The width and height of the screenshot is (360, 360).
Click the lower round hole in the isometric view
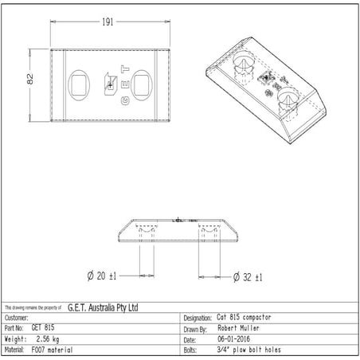click(x=288, y=99)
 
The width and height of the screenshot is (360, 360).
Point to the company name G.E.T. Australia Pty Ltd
click(x=104, y=307)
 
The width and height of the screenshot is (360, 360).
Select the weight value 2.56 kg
click(x=48, y=338)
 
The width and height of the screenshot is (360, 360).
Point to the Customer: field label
click(x=18, y=317)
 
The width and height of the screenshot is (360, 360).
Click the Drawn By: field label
click(x=196, y=327)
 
